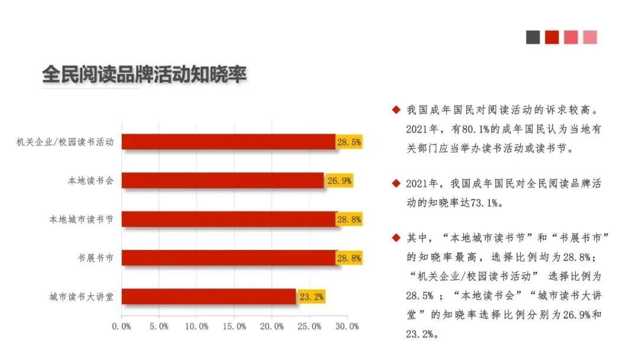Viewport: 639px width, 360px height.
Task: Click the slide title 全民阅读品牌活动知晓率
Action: [144, 75]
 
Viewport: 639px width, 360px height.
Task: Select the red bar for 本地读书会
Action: [222, 181]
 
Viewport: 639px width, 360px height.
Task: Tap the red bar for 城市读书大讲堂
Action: [208, 297]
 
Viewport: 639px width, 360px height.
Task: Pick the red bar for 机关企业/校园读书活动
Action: [228, 142]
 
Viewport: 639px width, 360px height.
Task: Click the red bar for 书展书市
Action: [229, 258]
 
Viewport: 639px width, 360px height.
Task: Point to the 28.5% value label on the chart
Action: [349, 142]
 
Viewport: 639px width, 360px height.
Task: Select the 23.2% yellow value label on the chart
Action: [311, 297]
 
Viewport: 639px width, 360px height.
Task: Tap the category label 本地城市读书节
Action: [81, 219]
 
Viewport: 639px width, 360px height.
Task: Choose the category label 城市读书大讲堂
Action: [81, 297]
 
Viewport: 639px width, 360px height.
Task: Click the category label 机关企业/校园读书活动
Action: [65, 142]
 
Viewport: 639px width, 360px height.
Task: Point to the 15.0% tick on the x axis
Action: [234, 326]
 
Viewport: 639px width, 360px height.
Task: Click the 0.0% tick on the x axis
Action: [122, 326]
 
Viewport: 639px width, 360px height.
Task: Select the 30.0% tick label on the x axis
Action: [347, 326]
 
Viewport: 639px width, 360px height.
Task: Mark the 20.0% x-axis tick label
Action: [272, 326]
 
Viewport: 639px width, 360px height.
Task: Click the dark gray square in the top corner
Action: [533, 37]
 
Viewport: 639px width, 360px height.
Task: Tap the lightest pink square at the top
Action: [590, 37]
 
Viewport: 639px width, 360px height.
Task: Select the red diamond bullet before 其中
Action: [396, 238]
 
